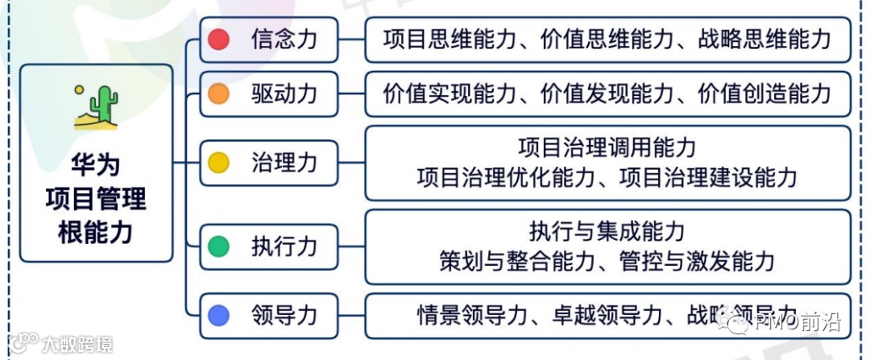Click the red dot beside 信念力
(x=219, y=39)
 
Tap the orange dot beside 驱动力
(x=219, y=94)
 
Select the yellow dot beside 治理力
(x=219, y=163)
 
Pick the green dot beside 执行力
(x=219, y=246)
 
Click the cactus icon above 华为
(x=96, y=107)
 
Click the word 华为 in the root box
(x=96, y=165)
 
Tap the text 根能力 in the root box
(x=96, y=233)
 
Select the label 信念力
(x=284, y=39)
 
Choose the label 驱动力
(x=284, y=94)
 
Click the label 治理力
(x=284, y=163)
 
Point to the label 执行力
(x=284, y=246)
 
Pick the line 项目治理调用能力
(x=607, y=148)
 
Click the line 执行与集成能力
(x=607, y=232)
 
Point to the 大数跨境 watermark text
(x=77, y=345)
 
